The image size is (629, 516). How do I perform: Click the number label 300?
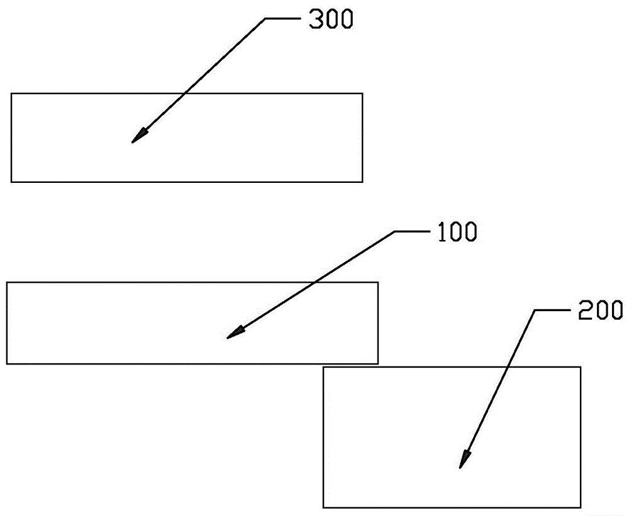pyautogui.click(x=331, y=20)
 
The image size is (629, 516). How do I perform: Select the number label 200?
pyautogui.click(x=600, y=310)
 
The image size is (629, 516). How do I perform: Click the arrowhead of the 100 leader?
pyautogui.click(x=231, y=336)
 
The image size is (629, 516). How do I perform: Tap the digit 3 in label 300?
pyautogui.click(x=315, y=20)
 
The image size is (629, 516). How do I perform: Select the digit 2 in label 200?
pyautogui.click(x=582, y=310)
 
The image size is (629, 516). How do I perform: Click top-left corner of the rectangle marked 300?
pyautogui.click(x=11, y=94)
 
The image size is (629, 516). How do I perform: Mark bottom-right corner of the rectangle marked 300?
pyautogui.click(x=362, y=182)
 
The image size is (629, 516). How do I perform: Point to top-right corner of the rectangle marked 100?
pyautogui.click(x=377, y=282)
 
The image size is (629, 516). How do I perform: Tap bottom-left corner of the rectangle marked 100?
pyautogui.click(x=7, y=364)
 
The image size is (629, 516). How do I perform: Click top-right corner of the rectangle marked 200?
pyautogui.click(x=580, y=368)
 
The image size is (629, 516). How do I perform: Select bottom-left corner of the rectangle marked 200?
pyautogui.click(x=323, y=507)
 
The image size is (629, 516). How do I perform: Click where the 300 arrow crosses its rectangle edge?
pyautogui.click(x=186, y=94)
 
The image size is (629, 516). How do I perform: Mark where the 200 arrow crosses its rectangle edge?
pyautogui.click(x=508, y=368)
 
